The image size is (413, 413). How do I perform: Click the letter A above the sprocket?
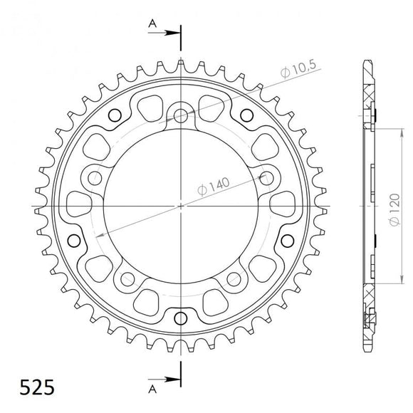[x=151, y=23]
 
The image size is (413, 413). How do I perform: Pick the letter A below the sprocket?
[x=151, y=390]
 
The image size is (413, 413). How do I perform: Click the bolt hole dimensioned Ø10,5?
[x=181, y=114]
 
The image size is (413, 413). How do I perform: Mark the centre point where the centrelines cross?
[x=181, y=206]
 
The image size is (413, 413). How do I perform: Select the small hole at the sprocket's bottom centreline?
[x=181, y=316]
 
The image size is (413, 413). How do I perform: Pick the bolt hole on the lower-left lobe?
[x=128, y=278]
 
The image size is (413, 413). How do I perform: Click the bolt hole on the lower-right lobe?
[x=234, y=278]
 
